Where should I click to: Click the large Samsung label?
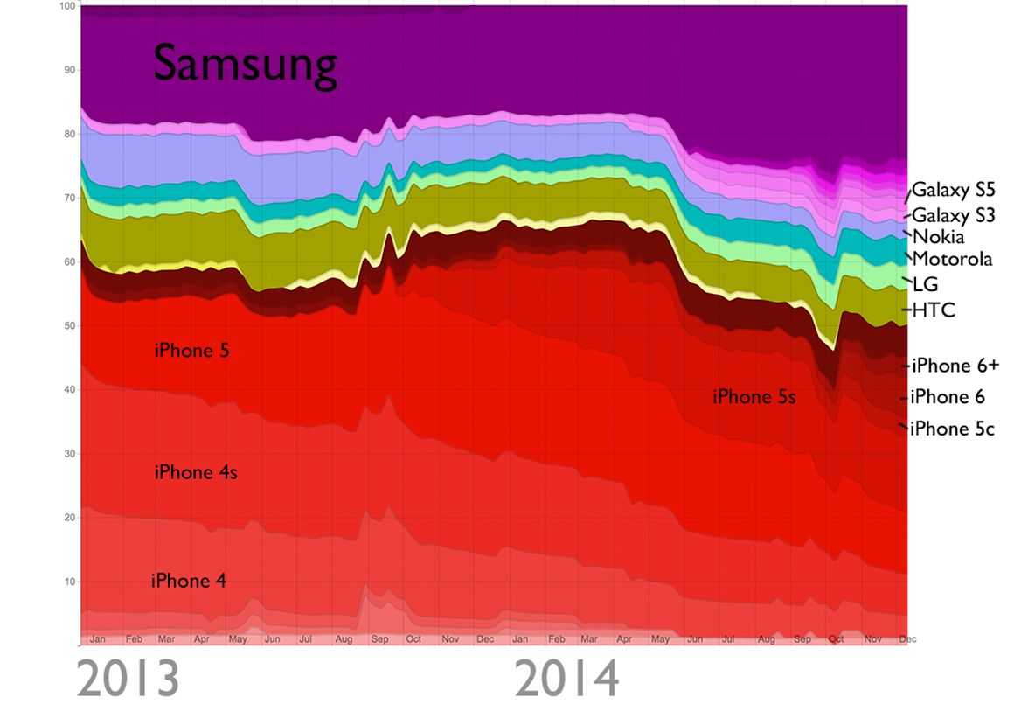[245, 66]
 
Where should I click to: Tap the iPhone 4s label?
[196, 473]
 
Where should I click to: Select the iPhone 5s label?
[754, 397]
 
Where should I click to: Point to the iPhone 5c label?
[952, 429]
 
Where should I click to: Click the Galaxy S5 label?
[954, 190]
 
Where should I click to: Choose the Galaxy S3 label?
[954, 215]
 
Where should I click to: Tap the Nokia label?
[938, 237]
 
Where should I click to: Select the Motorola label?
[952, 259]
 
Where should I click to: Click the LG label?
[925, 285]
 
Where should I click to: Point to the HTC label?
[934, 310]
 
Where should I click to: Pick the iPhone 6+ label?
[954, 366]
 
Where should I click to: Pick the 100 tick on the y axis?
[65, 7]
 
